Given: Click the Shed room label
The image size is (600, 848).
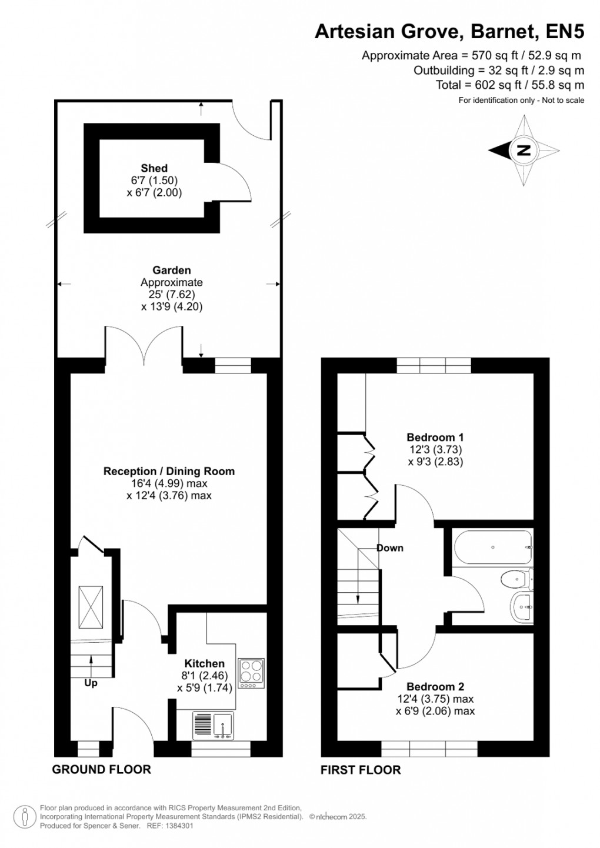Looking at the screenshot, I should coord(154,168).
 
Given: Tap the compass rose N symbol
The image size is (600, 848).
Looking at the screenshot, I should coord(523,151).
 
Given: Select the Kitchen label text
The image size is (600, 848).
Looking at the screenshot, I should coord(204,663).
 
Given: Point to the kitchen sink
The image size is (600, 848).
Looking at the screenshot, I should coord(214,726).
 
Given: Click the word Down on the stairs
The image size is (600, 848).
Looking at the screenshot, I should coord(389,548).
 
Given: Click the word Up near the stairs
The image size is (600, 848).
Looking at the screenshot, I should coord(91,683).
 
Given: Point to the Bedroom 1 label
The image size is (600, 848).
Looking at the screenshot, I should coord(435,437).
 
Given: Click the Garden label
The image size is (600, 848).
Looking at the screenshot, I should coord(172,271).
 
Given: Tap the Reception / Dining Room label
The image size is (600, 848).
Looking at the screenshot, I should coord(169,471).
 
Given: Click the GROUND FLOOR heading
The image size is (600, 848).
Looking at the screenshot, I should coord(101,769).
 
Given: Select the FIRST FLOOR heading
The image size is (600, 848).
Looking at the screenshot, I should coord(361,770).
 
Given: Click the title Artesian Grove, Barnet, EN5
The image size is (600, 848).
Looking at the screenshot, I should coord(449,31).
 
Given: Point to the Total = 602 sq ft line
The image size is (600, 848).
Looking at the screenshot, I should coord(509,85).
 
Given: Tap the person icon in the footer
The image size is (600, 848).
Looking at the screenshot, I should coord(25,816).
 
